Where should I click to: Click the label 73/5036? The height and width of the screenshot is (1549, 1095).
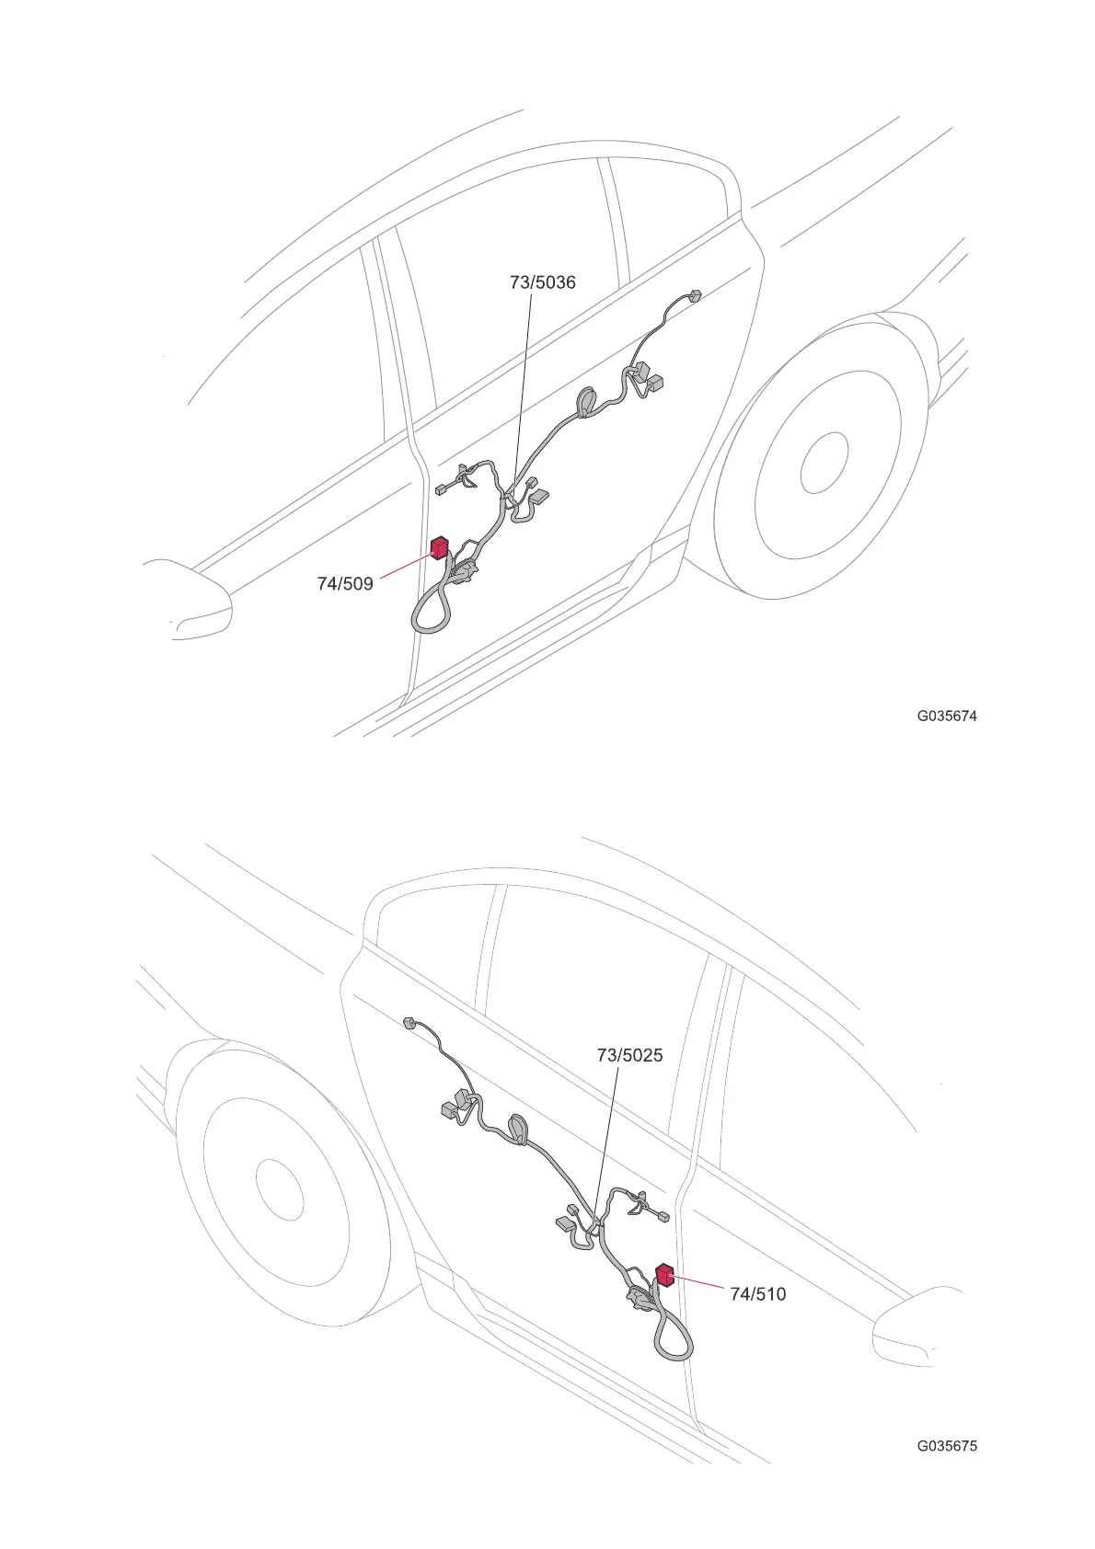click(x=542, y=282)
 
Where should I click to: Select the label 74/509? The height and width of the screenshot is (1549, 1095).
click(x=345, y=583)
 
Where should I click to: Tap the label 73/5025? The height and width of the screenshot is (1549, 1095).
click(x=629, y=1055)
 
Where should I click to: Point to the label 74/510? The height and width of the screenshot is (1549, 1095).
click(x=757, y=1294)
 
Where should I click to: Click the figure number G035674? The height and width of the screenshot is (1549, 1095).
click(x=947, y=717)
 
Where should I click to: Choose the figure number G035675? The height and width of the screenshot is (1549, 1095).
click(x=947, y=1445)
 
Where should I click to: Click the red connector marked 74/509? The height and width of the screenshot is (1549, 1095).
click(x=440, y=549)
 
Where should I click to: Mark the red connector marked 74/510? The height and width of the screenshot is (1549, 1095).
click(x=663, y=1275)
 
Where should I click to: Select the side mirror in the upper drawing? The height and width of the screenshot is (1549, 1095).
click(x=189, y=598)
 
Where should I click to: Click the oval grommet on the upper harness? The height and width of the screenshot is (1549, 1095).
click(x=586, y=402)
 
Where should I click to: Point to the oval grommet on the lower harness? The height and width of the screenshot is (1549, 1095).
click(x=518, y=1128)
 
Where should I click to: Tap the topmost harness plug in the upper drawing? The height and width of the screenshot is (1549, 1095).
click(x=695, y=296)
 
